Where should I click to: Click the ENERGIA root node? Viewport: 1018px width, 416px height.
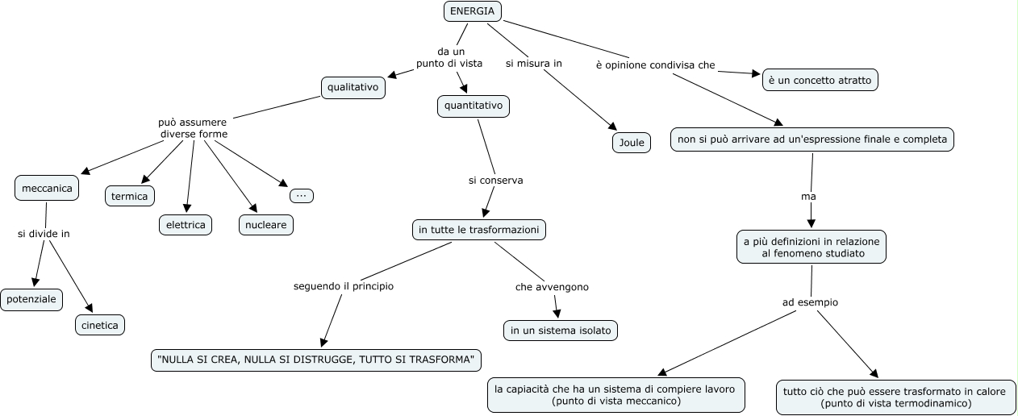click(472, 11)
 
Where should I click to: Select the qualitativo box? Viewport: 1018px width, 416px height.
click(353, 87)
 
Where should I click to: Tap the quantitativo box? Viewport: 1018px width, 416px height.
click(474, 106)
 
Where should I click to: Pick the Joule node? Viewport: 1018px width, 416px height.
click(631, 143)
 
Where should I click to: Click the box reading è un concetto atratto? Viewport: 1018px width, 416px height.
click(820, 80)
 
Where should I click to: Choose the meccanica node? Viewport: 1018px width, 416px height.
click(47, 189)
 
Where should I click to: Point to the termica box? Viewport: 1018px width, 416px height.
click(129, 195)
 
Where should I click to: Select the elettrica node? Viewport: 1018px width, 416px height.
click(185, 225)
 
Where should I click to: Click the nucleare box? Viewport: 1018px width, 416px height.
click(265, 225)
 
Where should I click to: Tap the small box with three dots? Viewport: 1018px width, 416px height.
click(302, 195)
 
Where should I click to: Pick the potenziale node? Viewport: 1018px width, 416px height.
click(31, 299)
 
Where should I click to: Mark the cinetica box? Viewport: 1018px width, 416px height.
click(100, 325)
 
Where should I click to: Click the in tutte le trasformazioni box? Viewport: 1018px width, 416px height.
click(478, 230)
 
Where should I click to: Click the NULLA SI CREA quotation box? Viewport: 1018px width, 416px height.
click(316, 360)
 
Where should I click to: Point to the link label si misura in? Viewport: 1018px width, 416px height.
click(533, 63)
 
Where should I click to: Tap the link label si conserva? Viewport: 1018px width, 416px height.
click(495, 180)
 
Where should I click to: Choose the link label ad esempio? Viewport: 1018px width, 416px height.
click(810, 302)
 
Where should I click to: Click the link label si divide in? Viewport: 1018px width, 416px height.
click(44, 234)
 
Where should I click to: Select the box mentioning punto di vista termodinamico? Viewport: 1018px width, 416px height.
click(895, 397)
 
